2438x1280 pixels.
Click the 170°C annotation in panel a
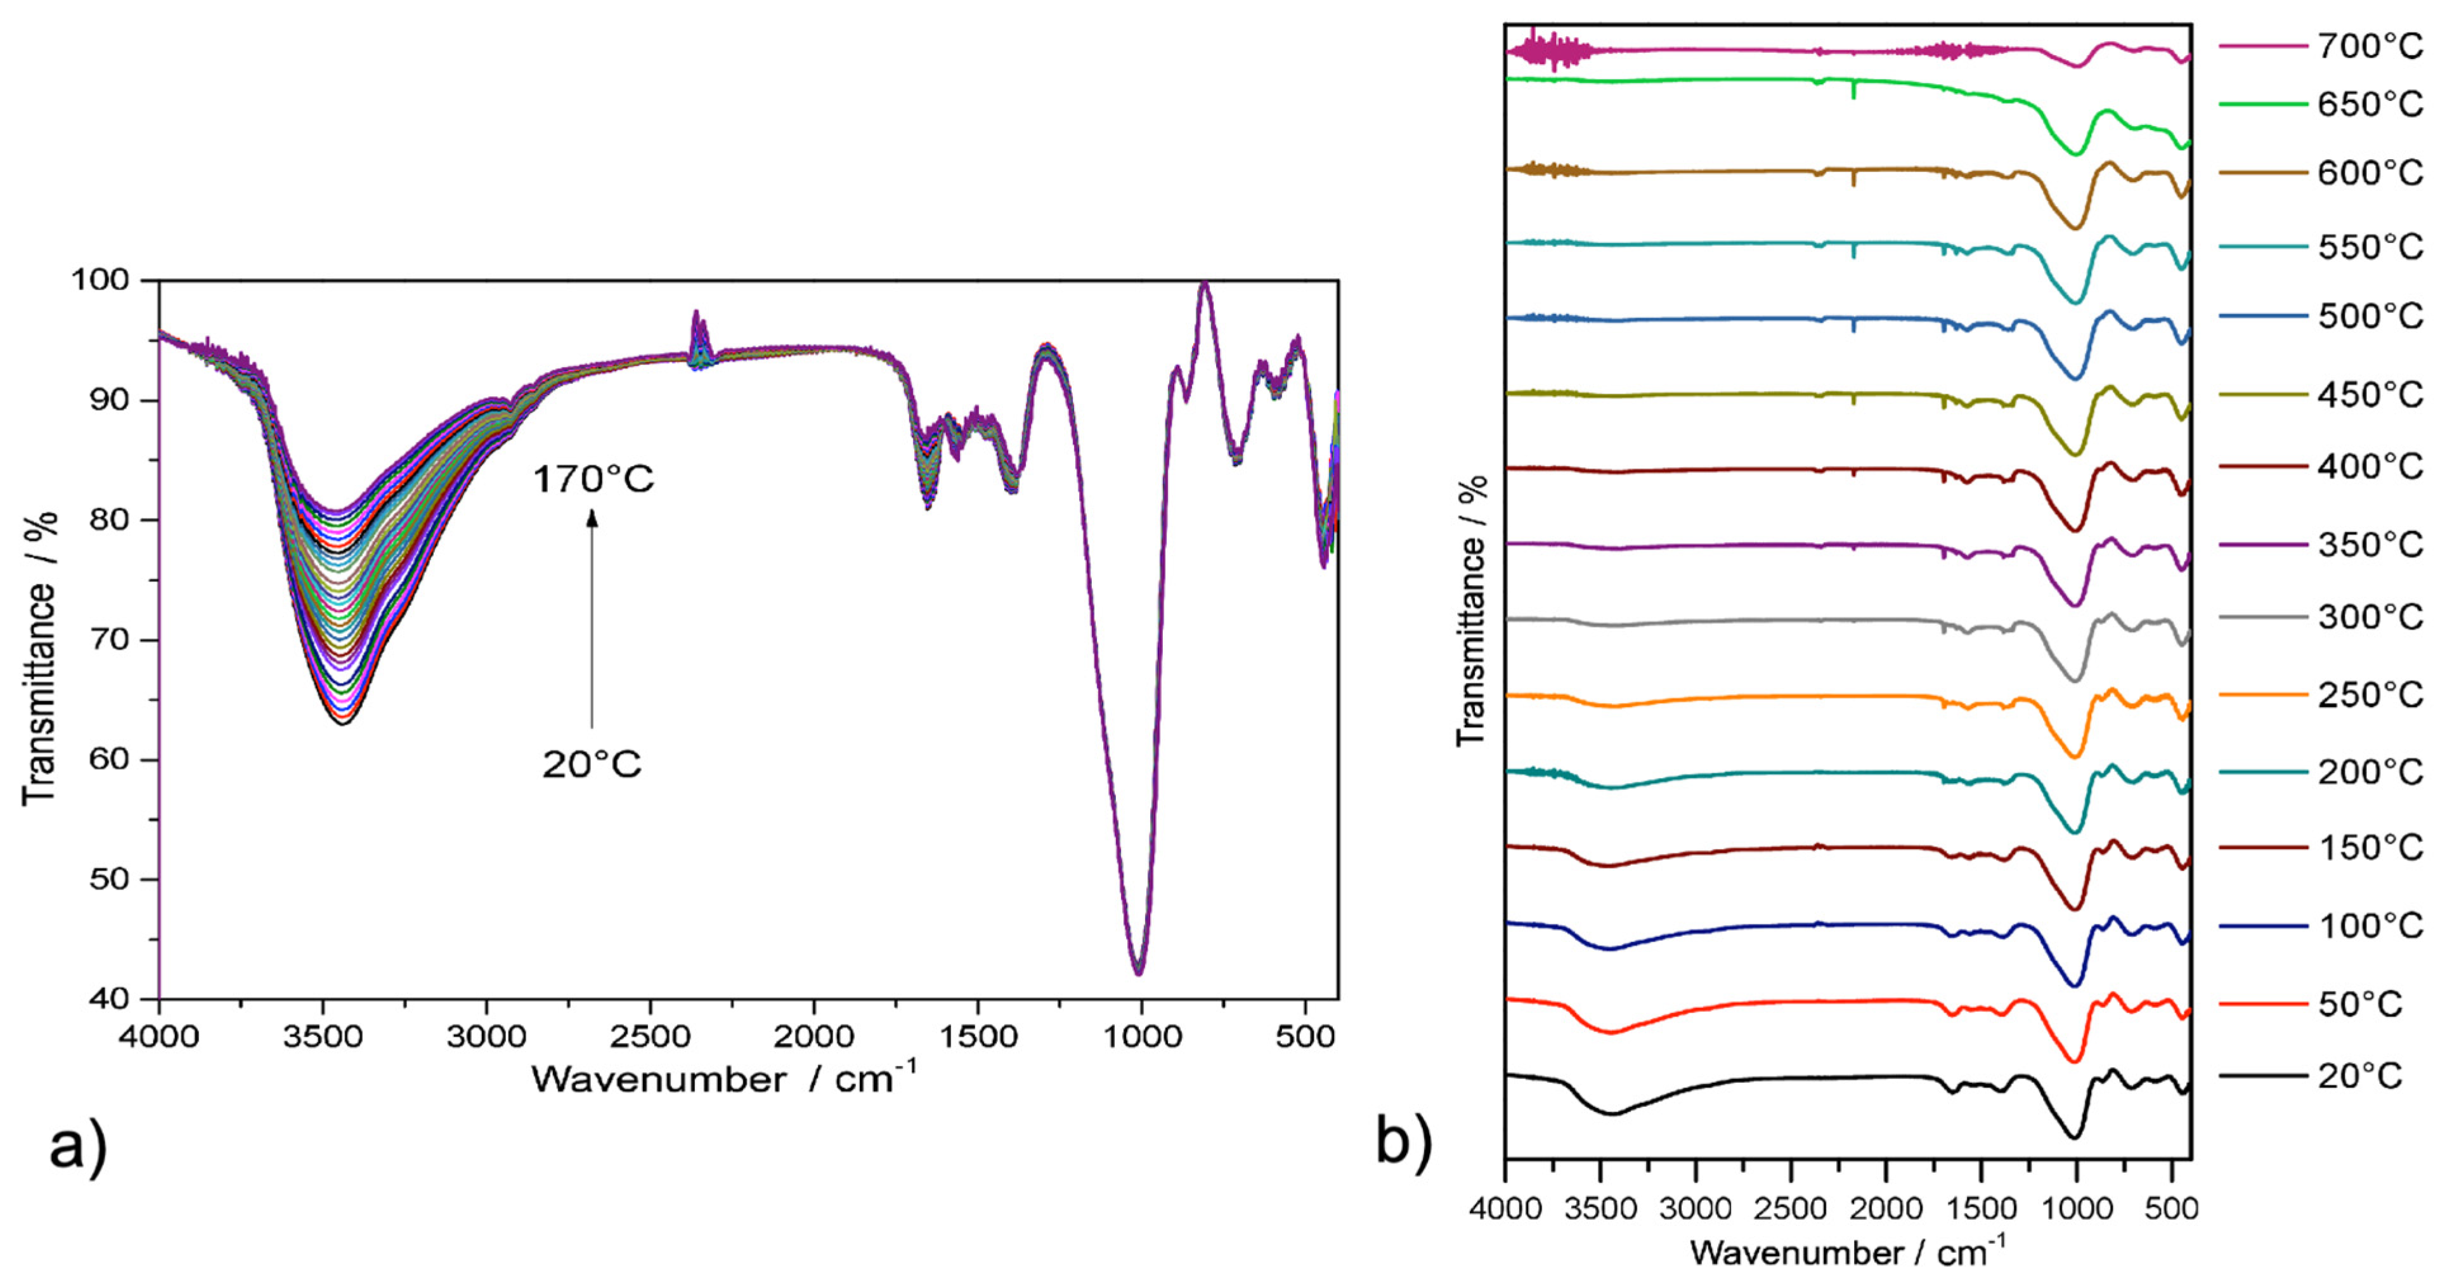(592, 480)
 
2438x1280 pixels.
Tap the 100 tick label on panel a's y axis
(104, 280)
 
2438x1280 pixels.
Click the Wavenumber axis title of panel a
(724, 1078)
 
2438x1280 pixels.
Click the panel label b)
(1404, 1142)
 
